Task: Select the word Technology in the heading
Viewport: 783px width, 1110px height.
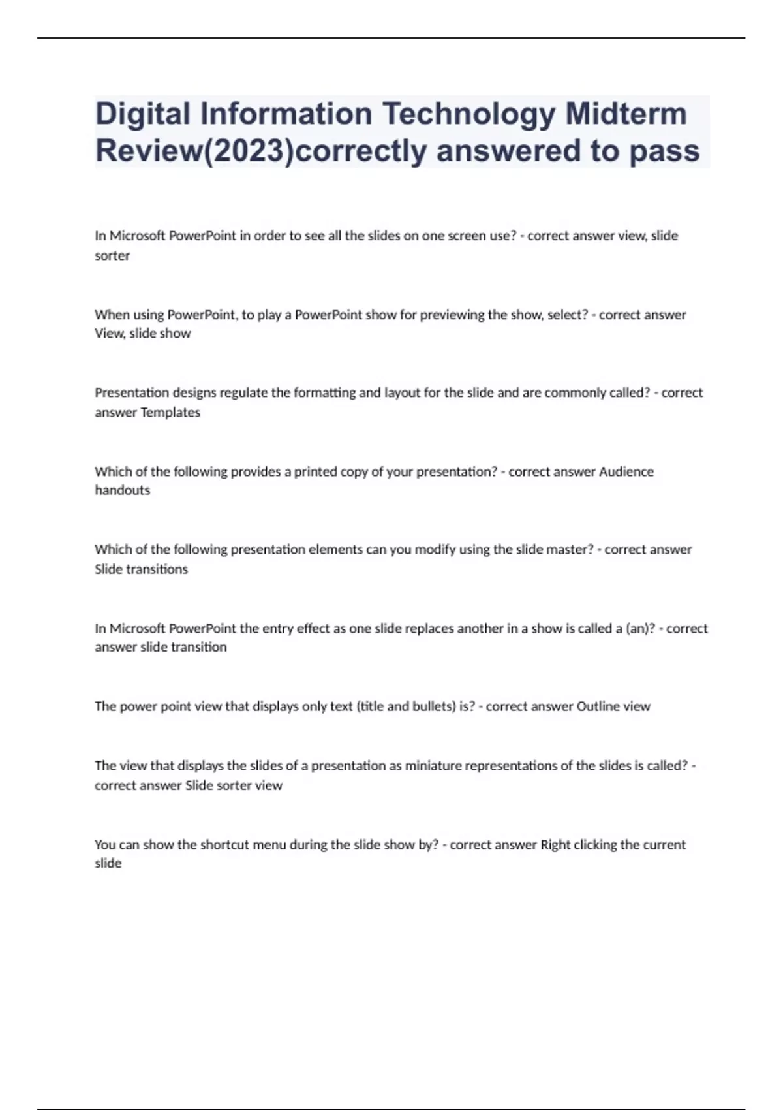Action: [x=468, y=114]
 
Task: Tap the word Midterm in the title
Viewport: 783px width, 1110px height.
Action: [x=626, y=114]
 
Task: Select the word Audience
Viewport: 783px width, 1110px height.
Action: [x=626, y=471]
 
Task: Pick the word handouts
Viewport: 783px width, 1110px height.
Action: [x=123, y=490]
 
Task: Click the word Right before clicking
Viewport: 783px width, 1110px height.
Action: [x=555, y=845]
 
